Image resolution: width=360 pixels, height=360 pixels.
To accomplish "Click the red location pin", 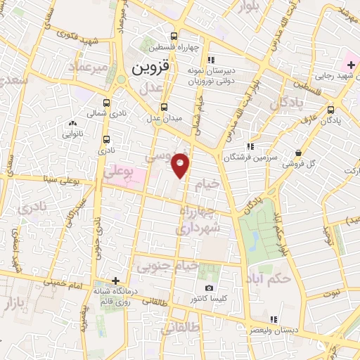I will [x=181, y=165].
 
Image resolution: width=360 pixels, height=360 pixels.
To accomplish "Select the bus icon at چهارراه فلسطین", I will [x=174, y=37].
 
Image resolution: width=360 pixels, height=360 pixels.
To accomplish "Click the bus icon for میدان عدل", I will [x=165, y=107].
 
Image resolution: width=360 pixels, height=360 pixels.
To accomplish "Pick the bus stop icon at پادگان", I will [x=331, y=110].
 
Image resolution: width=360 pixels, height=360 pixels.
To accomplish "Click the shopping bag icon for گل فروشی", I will [x=299, y=153].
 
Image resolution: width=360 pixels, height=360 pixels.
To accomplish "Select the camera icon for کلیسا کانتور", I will [x=209, y=288].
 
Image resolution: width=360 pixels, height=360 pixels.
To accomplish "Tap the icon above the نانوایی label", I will [x=74, y=124].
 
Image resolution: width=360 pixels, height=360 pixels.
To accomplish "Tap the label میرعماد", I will [x=88, y=67].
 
